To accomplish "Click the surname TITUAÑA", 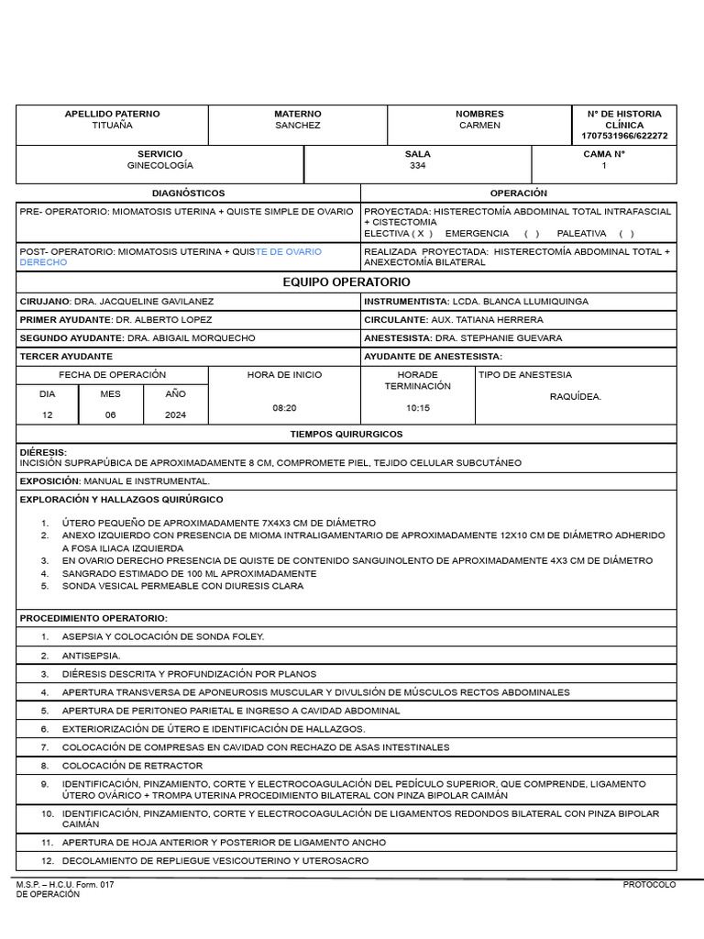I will pyautogui.click(x=112, y=126).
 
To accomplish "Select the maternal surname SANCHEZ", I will pyautogui.click(x=298, y=126).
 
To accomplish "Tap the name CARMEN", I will pyautogui.click(x=479, y=126).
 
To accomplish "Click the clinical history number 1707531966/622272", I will pyautogui.click(x=624, y=136).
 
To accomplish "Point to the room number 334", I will pyautogui.click(x=417, y=166).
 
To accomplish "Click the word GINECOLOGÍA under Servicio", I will pyautogui.click(x=160, y=166).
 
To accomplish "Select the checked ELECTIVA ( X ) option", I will pyautogui.click(x=399, y=234).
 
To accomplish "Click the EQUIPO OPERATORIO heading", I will pyautogui.click(x=346, y=282).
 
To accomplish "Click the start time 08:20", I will pyautogui.click(x=284, y=407).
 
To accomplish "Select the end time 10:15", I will pyautogui.click(x=417, y=408).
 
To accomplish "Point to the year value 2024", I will pyautogui.click(x=175, y=415).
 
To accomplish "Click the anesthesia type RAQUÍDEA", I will pyautogui.click(x=575, y=397).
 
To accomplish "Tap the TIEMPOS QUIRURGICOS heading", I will pyautogui.click(x=346, y=435).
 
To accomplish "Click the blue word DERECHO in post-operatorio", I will pyautogui.click(x=43, y=262).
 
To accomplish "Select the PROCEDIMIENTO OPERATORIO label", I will pyautogui.click(x=93, y=619).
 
